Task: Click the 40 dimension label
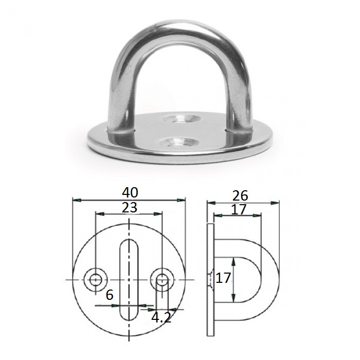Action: click(x=130, y=192)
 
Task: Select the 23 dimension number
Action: click(x=130, y=208)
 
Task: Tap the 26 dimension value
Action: click(x=240, y=195)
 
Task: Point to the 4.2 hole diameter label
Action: click(x=161, y=318)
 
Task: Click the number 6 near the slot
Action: click(x=110, y=295)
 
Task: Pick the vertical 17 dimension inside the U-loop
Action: click(x=223, y=278)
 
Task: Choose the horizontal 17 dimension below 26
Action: click(x=239, y=209)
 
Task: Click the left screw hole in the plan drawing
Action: click(x=95, y=280)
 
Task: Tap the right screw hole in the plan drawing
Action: click(x=163, y=280)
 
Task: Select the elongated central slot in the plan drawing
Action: click(x=129, y=280)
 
